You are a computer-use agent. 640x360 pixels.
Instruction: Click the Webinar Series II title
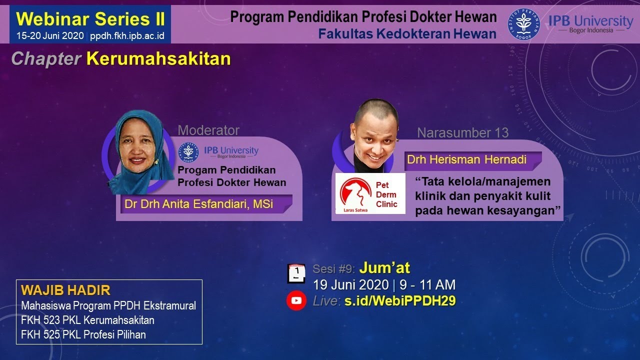point(90,19)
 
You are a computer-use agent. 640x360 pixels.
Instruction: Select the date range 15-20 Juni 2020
point(50,36)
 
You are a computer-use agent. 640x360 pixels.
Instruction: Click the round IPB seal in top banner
point(523,23)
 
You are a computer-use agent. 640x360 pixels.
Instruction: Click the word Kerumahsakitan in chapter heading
point(158,59)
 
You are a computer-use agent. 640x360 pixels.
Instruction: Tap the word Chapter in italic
point(46,59)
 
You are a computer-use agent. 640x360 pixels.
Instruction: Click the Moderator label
point(208,130)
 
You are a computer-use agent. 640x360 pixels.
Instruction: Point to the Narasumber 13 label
point(462,133)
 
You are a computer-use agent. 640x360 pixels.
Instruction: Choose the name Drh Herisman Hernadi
point(466,160)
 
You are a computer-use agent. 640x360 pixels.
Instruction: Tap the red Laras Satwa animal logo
point(355,192)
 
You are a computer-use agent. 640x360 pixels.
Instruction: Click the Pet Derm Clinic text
point(386,194)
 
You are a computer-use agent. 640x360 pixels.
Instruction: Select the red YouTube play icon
point(296,300)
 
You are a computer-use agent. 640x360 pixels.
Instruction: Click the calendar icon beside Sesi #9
point(296,273)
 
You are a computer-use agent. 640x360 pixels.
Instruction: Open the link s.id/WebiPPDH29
point(400,301)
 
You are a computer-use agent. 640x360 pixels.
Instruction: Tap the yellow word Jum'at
point(384,268)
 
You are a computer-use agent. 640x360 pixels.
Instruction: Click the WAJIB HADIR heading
point(65,290)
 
